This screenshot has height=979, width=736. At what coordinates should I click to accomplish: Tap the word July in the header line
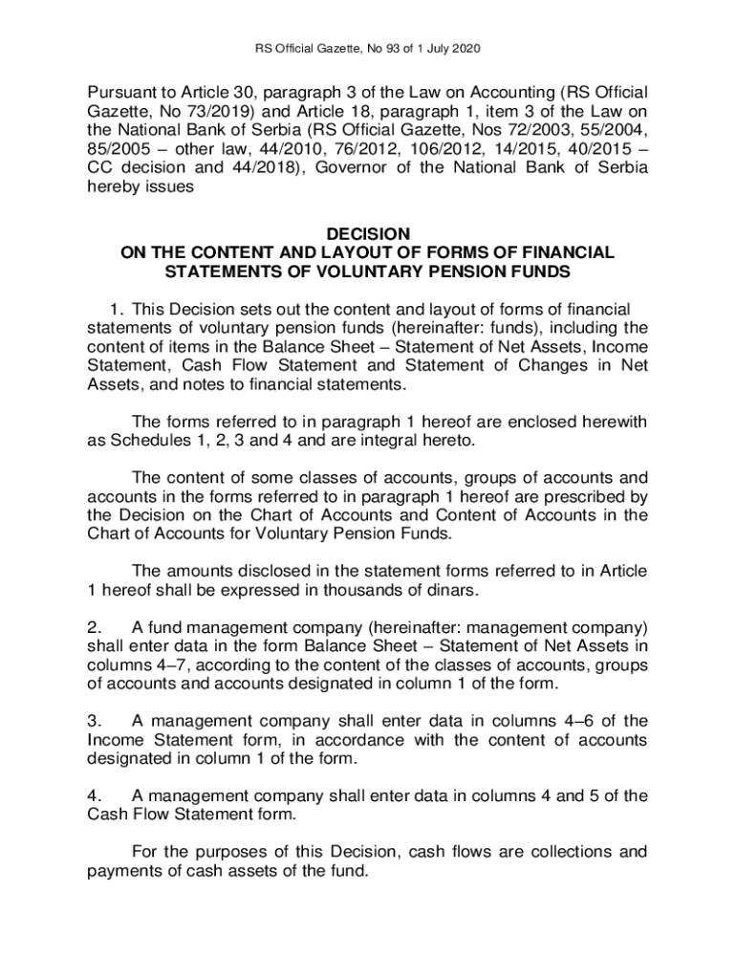pos(441,48)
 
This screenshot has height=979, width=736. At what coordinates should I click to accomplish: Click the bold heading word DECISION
pos(368,233)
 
